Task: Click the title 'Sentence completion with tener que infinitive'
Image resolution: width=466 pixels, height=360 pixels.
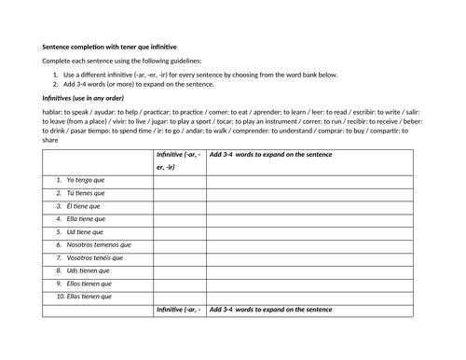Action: [x=110, y=45]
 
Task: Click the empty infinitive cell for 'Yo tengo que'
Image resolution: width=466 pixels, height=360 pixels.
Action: [x=180, y=180]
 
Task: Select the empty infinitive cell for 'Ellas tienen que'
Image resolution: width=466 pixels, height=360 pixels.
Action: [x=180, y=297]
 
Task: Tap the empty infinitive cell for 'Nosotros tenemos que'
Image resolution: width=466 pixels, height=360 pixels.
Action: [x=180, y=245]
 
